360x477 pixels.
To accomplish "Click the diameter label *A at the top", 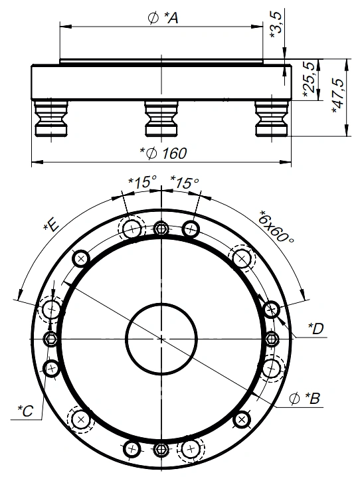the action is point(163,18).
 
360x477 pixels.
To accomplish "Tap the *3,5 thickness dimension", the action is point(277,24).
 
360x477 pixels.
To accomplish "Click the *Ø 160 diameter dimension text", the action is point(163,153).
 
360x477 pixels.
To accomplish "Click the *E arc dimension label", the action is point(52,225).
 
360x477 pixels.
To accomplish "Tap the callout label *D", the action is point(316,329).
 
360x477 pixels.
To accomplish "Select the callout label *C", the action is point(25,411).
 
